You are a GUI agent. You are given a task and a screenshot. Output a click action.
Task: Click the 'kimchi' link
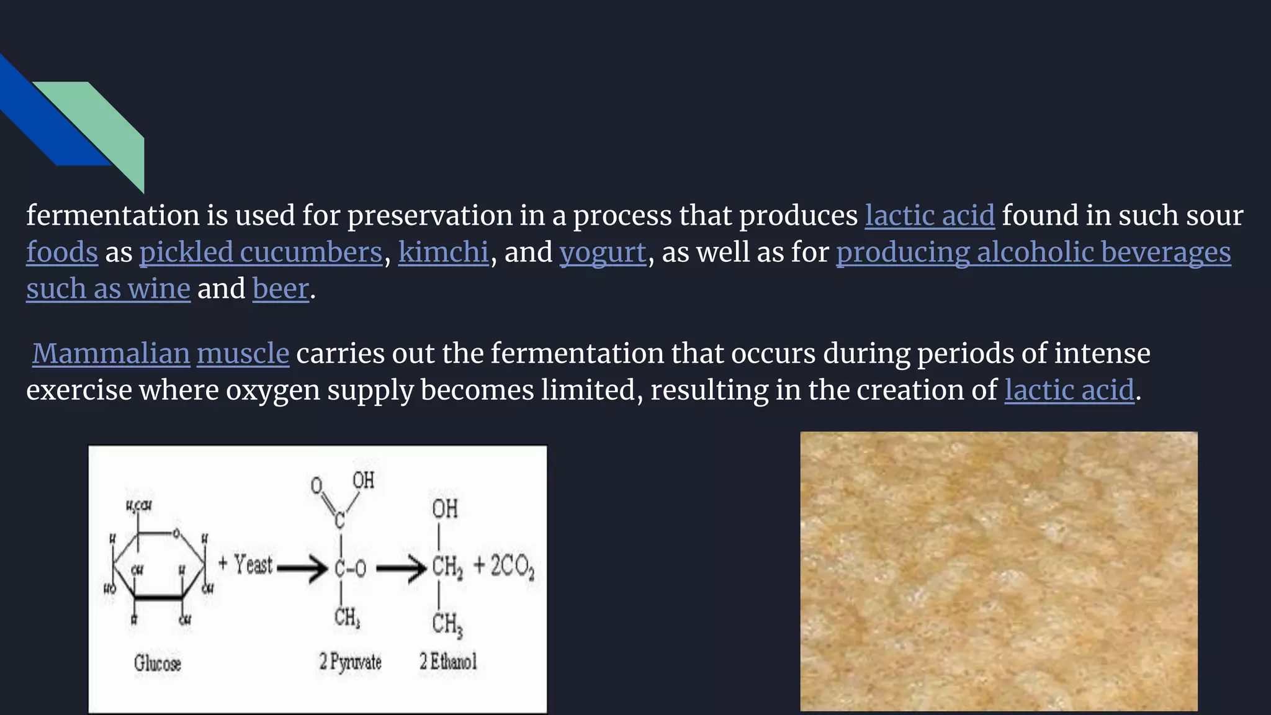point(443,253)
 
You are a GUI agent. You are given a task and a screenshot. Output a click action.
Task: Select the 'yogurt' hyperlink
point(603,253)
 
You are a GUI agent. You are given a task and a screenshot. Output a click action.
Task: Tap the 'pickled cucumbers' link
point(261,253)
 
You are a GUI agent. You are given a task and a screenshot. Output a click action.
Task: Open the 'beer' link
point(281,289)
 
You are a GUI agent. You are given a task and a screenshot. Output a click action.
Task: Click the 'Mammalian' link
point(111,354)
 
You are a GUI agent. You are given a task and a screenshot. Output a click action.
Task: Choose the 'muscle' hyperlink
point(243,354)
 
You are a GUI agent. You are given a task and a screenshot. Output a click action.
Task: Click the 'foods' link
point(62,253)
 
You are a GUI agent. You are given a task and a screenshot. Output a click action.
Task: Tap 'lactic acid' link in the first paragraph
point(930,216)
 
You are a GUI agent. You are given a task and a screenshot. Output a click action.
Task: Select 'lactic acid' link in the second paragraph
point(1069,390)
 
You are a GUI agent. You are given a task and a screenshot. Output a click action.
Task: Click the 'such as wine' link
point(108,289)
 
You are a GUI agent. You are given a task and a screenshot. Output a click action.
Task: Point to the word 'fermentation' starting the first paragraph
point(112,216)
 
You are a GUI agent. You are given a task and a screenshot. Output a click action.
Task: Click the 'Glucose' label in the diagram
point(158,663)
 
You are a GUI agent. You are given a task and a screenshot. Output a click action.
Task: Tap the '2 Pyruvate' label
point(350,662)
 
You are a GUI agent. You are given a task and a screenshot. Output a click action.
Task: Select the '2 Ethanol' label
point(448,662)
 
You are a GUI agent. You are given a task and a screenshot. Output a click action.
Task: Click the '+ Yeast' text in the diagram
point(246,565)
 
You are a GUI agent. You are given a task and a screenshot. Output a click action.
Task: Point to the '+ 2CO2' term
point(503,566)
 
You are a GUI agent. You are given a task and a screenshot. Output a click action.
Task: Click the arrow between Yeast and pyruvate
point(302,567)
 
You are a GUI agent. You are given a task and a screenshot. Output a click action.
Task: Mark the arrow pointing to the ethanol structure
point(401,567)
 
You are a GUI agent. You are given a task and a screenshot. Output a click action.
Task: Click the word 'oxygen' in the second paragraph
point(272,390)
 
